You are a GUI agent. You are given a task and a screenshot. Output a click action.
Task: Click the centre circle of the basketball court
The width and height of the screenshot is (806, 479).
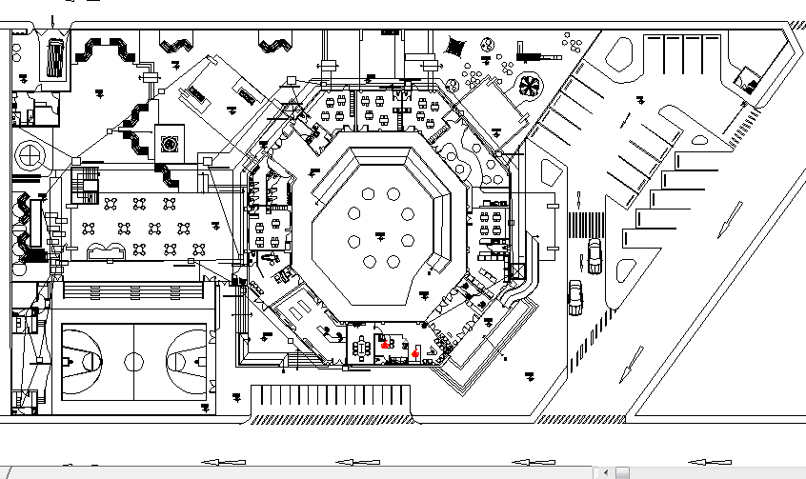tap(134, 362)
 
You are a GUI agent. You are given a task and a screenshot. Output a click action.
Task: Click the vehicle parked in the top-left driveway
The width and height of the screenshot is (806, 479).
tap(55, 58)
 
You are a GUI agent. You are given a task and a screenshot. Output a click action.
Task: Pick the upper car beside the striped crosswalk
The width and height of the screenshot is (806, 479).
tap(594, 256)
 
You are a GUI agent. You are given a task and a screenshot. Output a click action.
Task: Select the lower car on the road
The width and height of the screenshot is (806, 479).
tap(575, 296)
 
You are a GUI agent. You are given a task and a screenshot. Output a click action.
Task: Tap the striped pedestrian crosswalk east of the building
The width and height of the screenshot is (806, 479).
tap(586, 226)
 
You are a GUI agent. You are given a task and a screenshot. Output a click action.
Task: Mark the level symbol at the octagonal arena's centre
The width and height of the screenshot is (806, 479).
tap(379, 233)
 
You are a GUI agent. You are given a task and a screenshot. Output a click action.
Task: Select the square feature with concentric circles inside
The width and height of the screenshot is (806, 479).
tap(171, 145)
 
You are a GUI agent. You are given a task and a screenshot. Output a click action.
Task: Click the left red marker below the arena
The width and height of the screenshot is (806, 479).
tap(385, 346)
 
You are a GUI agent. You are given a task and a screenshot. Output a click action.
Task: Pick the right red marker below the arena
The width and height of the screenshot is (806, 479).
tap(415, 353)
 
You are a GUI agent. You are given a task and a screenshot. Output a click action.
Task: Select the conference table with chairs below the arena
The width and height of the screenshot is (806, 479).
tap(363, 348)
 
